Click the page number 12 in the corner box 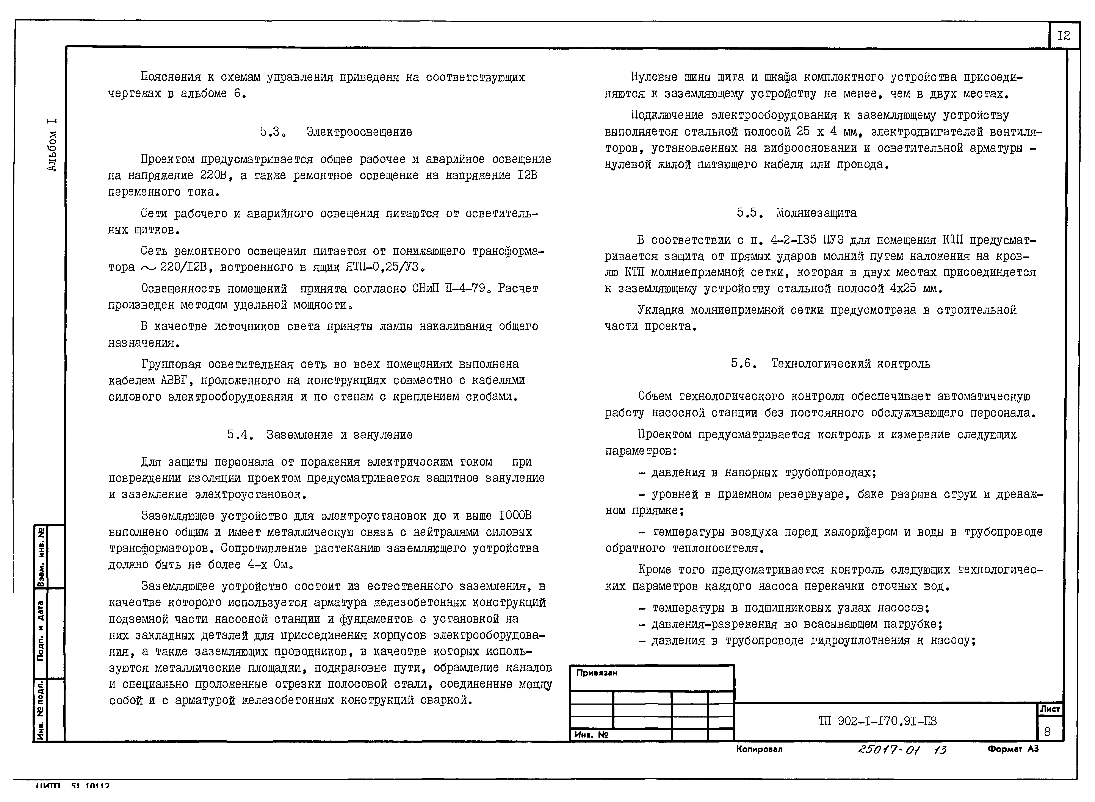pyautogui.click(x=1064, y=35)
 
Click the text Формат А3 pyautogui.click(x=1013, y=749)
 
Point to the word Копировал pyautogui.click(x=759, y=749)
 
